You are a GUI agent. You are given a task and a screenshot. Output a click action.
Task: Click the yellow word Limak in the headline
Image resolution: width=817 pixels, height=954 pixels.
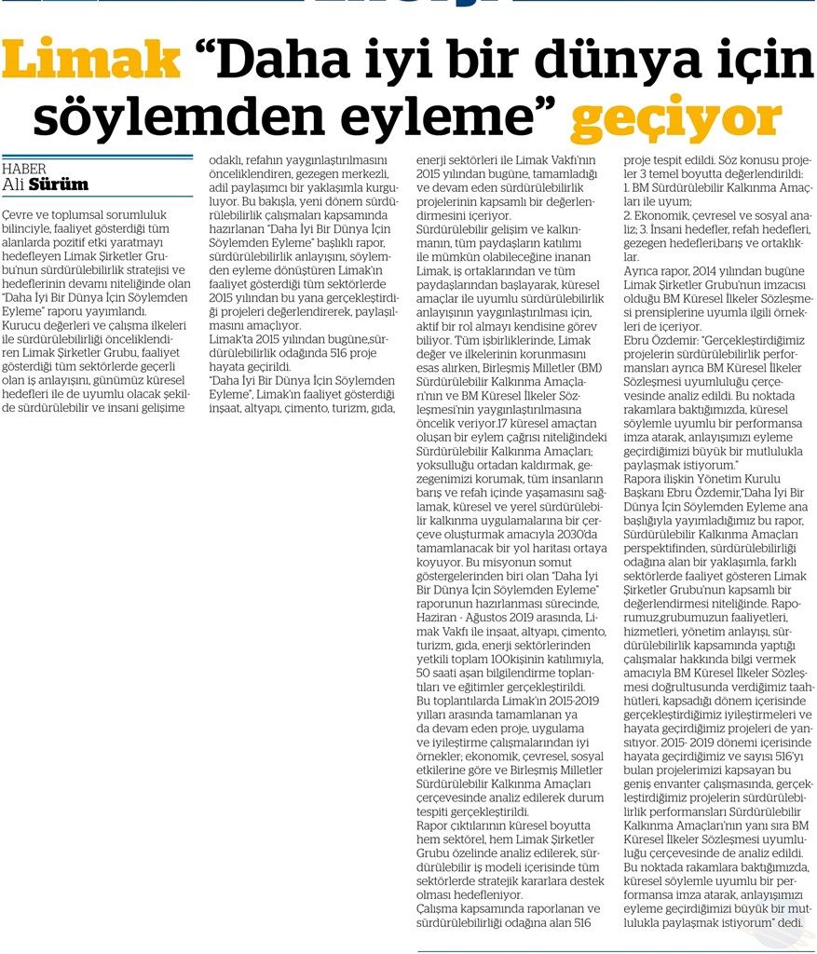(91, 61)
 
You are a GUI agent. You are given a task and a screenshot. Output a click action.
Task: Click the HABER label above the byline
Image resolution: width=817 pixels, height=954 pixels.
(25, 169)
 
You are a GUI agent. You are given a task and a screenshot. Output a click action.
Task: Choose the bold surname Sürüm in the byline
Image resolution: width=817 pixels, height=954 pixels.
(59, 184)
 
